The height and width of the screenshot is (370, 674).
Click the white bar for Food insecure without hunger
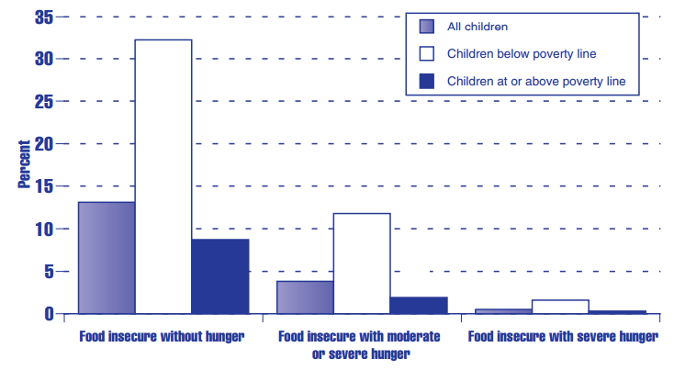pos(163,176)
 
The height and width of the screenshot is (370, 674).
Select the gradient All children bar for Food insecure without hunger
pos(107,258)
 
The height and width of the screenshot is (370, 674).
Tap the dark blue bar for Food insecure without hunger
pos(220,276)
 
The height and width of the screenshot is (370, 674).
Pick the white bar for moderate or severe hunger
pos(362,263)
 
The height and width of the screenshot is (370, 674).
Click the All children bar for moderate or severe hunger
pos(305,297)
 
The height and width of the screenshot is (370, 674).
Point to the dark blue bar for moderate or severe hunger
pos(419,305)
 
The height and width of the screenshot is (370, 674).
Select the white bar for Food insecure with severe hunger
pos(560,307)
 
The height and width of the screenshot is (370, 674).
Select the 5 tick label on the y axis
pos(46,272)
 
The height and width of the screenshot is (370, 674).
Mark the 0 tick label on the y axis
pos(46,314)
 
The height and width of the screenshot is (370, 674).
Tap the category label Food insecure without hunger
pos(163,337)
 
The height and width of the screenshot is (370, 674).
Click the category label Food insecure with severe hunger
pos(563,337)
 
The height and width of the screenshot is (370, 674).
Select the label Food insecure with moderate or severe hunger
pos(360,344)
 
